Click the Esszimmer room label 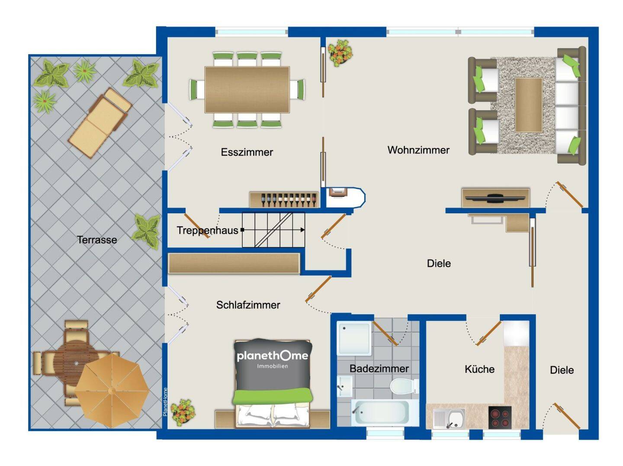(247, 152)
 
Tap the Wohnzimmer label (418, 150)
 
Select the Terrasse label (97, 240)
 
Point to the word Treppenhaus (207, 230)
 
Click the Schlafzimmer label (248, 305)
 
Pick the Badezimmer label (379, 368)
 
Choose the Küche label (479, 369)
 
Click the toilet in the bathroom (404, 386)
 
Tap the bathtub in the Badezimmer (385, 412)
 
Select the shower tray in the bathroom (354, 338)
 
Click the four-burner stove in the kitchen (500, 417)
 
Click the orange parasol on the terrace (112, 390)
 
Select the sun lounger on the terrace (100, 122)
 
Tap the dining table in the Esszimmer (247, 89)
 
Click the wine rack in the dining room (283, 200)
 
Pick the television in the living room (495, 198)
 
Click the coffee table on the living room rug (529, 105)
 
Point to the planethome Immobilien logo (273, 359)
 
